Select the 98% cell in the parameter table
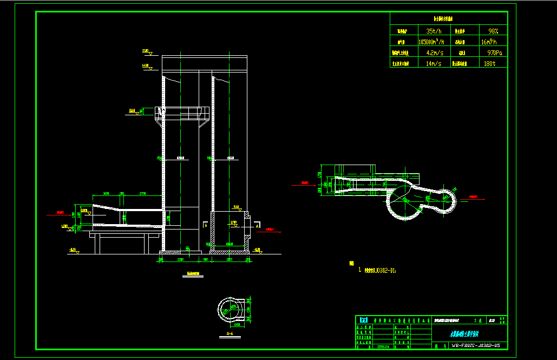point(493,31)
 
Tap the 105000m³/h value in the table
point(431,42)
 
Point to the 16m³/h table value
point(492,42)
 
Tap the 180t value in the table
point(489,63)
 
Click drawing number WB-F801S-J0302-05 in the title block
point(472,345)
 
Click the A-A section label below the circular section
point(229,335)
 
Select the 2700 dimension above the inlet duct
point(143,193)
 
